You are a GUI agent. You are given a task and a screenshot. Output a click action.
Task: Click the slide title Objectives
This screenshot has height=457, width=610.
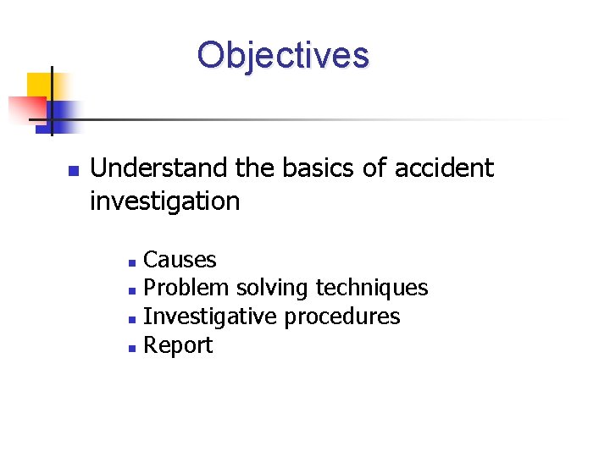283,55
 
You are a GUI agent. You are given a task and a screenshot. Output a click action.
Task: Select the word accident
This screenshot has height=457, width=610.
444,168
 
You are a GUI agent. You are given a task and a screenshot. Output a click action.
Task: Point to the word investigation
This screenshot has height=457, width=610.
164,201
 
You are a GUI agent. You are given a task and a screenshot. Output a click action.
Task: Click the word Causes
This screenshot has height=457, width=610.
180,260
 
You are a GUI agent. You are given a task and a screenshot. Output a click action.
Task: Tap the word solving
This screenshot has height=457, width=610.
273,289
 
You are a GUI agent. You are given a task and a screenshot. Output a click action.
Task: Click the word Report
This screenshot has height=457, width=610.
178,345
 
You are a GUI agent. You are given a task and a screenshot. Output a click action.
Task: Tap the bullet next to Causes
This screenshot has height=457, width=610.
131,262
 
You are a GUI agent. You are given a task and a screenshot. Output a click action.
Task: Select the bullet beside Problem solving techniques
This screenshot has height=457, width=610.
131,290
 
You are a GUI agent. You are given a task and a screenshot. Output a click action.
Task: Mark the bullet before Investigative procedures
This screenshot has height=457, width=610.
131,319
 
